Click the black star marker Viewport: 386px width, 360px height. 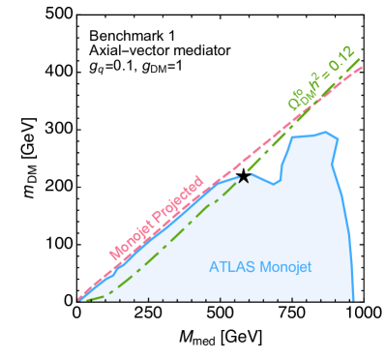coord(244,177)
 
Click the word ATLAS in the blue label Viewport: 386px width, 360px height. coord(229,266)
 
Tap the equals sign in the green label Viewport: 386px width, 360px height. coord(322,78)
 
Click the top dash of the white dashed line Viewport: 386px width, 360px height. coord(85,35)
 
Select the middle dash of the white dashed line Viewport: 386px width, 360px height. coord(84,49)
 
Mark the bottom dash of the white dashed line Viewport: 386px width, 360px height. coord(84,64)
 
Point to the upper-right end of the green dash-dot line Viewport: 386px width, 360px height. coord(360,59)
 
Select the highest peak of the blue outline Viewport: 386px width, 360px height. coord(327,133)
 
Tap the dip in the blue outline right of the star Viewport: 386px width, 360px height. coord(274,183)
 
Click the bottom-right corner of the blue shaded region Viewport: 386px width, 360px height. coord(353,299)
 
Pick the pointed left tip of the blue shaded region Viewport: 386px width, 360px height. coord(79,299)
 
